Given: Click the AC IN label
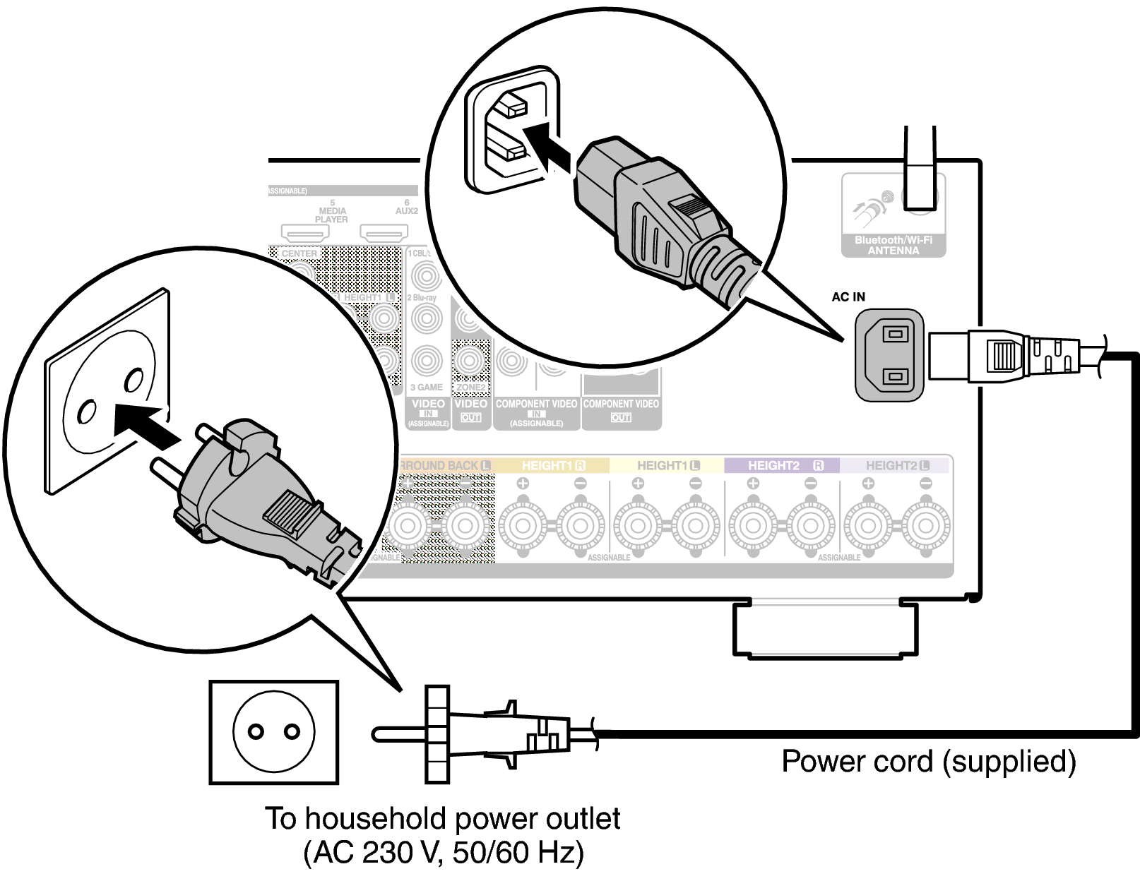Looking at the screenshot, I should [848, 297].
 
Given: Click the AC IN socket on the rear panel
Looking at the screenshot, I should [889, 354].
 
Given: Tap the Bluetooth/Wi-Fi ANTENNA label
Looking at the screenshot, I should [893, 245].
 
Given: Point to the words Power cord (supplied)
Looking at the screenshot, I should [928, 762].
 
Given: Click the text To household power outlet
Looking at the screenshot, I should [442, 819].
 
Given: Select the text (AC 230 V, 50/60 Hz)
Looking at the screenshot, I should [444, 852].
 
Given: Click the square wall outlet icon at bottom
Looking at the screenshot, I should [274, 732].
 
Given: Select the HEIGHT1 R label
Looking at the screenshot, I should [552, 466].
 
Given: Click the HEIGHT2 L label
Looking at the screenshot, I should [896, 466].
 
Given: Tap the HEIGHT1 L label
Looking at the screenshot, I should [667, 466].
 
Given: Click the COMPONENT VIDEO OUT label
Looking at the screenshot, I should [621, 410].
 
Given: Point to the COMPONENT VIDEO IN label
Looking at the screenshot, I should [536, 412].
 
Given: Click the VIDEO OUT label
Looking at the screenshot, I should [471, 410].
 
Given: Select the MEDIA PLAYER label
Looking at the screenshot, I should [332, 215].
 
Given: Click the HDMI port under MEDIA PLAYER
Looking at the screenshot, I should [305, 232].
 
